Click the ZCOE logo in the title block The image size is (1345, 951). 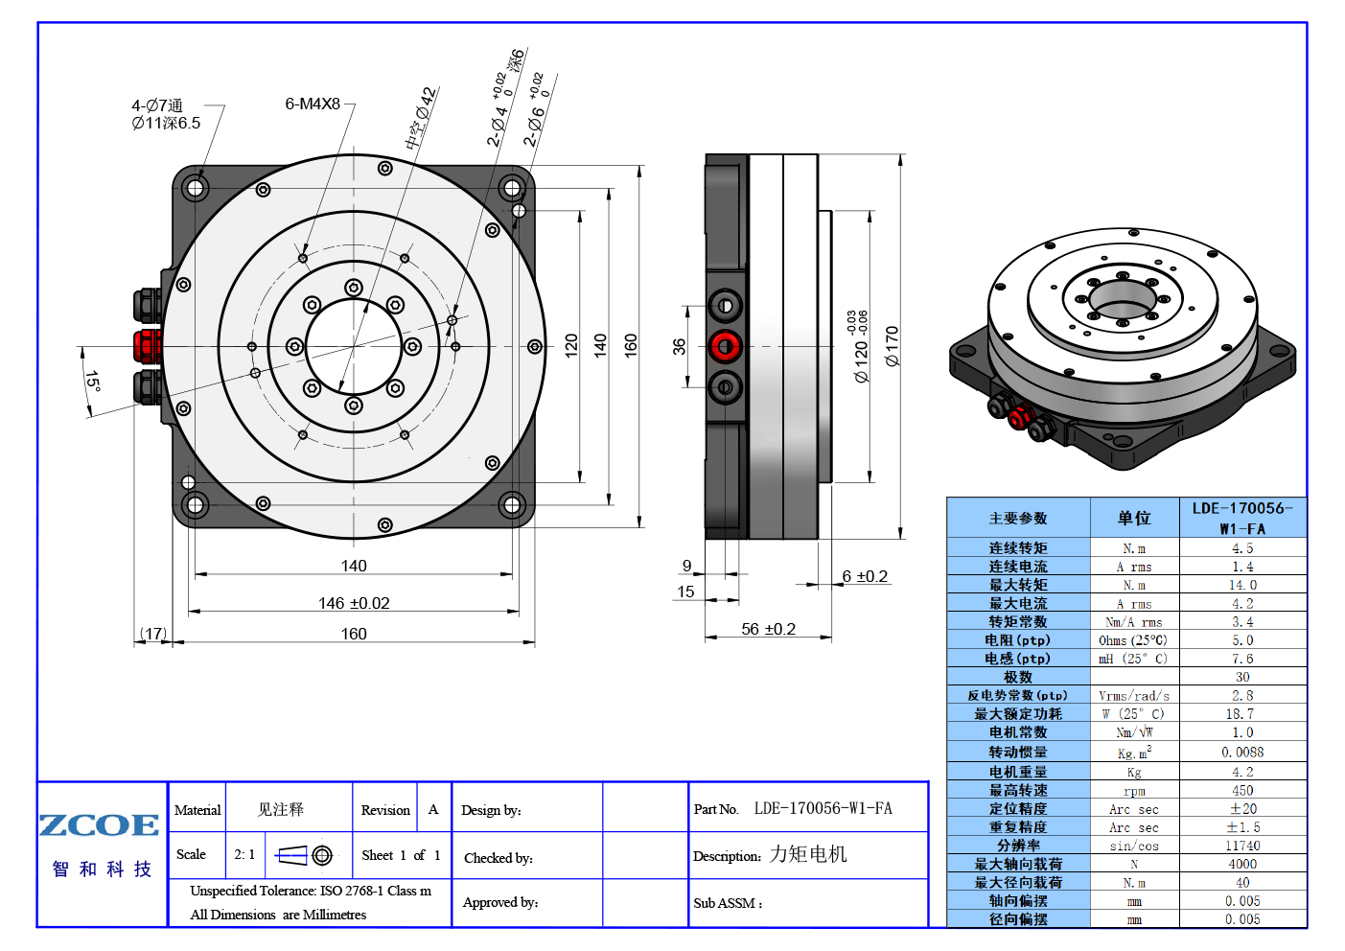coord(99,825)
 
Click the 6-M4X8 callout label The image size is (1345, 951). coord(313,104)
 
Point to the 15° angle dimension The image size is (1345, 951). coord(92,382)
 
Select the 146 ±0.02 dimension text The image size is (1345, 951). coord(354,603)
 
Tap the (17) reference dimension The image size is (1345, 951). coord(153,634)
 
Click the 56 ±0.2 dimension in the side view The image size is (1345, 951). coord(768,629)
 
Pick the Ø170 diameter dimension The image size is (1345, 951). coord(893,346)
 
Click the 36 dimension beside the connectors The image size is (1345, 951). coord(679,346)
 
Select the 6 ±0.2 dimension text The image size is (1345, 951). coord(865,576)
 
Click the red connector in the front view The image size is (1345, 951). coord(147,346)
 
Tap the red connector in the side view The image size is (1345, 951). coord(726,346)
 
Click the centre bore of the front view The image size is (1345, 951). coord(354,346)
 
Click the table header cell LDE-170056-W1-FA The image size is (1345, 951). coord(1242,518)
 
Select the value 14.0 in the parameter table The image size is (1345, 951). coord(1242,585)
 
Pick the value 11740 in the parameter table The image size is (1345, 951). coord(1242,846)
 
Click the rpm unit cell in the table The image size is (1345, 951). coord(1134,791)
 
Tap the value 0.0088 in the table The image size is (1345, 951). coord(1242,752)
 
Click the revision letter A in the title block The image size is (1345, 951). coord(433,809)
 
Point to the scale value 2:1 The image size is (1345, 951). coord(244,854)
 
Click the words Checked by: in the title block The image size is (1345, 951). coord(499,858)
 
